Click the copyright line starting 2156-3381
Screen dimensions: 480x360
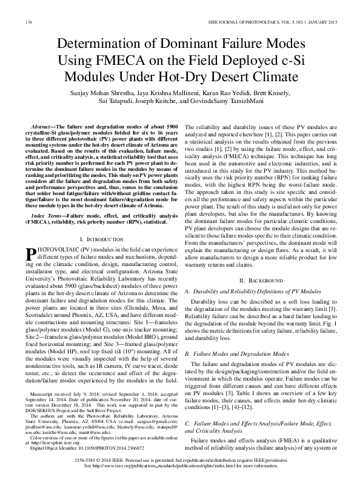[180, 462]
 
